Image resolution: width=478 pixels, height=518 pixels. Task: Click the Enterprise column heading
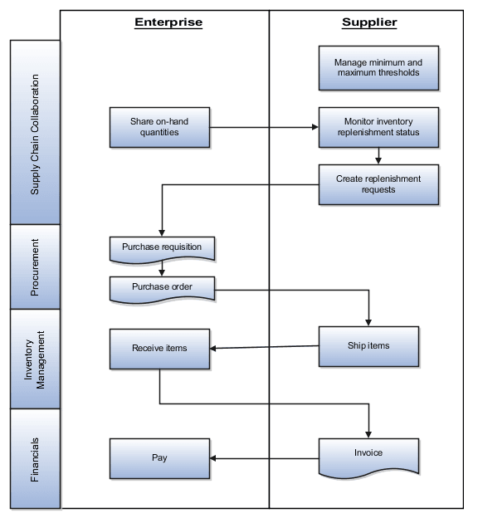pyautogui.click(x=168, y=22)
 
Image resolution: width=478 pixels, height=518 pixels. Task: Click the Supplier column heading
pyautogui.click(x=369, y=22)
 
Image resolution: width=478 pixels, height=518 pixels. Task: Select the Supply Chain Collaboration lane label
pyautogui.click(x=35, y=133)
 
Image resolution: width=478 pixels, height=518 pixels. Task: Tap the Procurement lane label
pyautogui.click(x=35, y=266)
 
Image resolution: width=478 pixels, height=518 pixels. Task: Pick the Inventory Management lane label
pyautogui.click(x=35, y=359)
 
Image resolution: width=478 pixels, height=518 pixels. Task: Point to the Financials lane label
pyautogui.click(x=35, y=458)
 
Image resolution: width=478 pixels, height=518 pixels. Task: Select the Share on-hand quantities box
pyautogui.click(x=159, y=127)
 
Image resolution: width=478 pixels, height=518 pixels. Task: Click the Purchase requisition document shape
pyautogui.click(x=162, y=247)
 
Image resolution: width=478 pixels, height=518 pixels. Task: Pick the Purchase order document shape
pyautogui.click(x=162, y=288)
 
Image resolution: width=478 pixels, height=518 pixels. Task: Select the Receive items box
pyautogui.click(x=159, y=349)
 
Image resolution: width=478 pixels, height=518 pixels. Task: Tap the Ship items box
pyautogui.click(x=368, y=346)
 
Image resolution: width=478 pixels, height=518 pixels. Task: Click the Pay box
pyautogui.click(x=159, y=457)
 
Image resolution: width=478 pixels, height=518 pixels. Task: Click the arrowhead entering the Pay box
pyautogui.click(x=213, y=457)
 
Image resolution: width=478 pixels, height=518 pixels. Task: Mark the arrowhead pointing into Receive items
pyautogui.click(x=213, y=349)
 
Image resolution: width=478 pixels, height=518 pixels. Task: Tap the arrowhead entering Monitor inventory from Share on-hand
pyautogui.click(x=315, y=128)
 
